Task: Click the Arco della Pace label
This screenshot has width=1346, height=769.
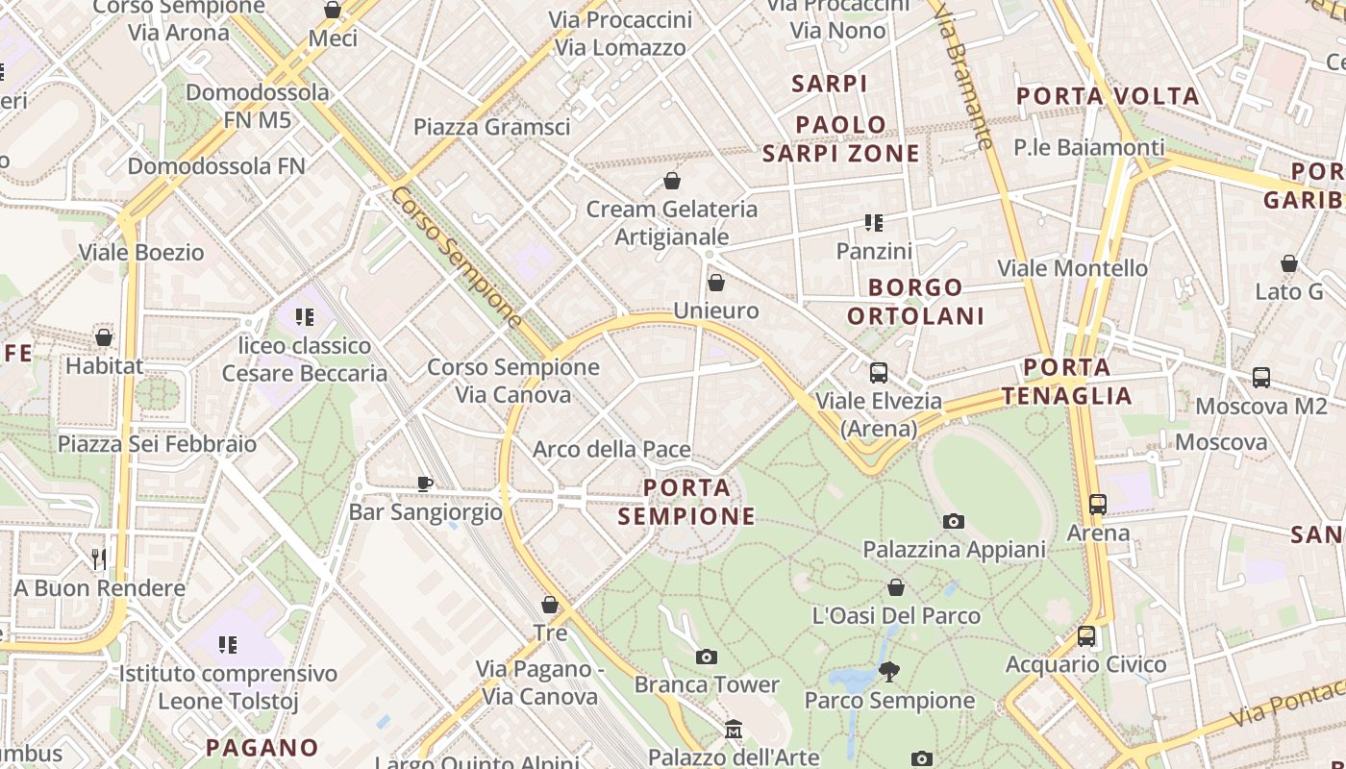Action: pyautogui.click(x=611, y=450)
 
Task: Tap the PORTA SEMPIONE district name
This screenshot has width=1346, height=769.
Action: pyautogui.click(x=686, y=502)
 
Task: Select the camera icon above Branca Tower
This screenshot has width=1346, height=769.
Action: pyautogui.click(x=707, y=657)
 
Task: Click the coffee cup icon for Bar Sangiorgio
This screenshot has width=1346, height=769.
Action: pyautogui.click(x=425, y=484)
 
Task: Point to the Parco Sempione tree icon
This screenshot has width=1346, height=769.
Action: pyautogui.click(x=889, y=672)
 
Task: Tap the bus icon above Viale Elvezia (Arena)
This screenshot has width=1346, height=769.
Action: pyautogui.click(x=878, y=373)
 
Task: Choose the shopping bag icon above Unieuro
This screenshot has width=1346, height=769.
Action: pyautogui.click(x=715, y=283)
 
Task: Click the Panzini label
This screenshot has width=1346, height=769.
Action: pyautogui.click(x=874, y=251)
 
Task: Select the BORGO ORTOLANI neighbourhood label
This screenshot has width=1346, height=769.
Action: pyautogui.click(x=915, y=301)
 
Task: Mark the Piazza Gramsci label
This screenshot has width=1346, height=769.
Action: pyautogui.click(x=491, y=127)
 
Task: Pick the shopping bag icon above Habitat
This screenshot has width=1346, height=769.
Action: pyautogui.click(x=104, y=337)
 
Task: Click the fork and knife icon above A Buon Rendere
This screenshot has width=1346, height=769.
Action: pyautogui.click(x=98, y=558)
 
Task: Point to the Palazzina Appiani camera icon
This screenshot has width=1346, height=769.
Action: pyautogui.click(x=954, y=521)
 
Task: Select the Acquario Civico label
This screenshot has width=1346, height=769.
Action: pyautogui.click(x=1085, y=664)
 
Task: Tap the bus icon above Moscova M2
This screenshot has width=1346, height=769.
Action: pyautogui.click(x=1260, y=378)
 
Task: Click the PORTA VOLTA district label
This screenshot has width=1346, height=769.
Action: pyautogui.click(x=1108, y=96)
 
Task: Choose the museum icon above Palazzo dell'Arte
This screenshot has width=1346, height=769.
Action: pyautogui.click(x=734, y=730)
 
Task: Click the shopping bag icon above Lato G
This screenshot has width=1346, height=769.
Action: pyautogui.click(x=1289, y=263)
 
